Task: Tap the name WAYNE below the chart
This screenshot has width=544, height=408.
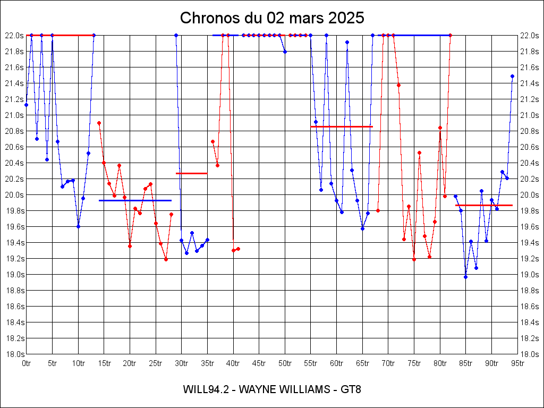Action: click(258, 389)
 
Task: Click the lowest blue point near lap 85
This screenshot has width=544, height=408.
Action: click(465, 277)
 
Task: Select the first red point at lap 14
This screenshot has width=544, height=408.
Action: click(99, 123)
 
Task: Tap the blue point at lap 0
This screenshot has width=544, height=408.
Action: click(26, 105)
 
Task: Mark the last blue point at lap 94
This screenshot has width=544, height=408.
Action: click(512, 76)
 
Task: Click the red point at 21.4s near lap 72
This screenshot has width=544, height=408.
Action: click(398, 85)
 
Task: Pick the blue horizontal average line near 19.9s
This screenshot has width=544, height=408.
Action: click(135, 200)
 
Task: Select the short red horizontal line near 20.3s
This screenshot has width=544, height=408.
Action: click(191, 173)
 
